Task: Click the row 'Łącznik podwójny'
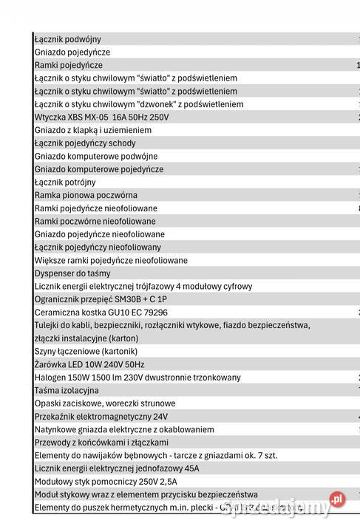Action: (x=68, y=39)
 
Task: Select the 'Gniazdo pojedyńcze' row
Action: (x=72, y=52)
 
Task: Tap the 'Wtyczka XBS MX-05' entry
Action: (x=101, y=117)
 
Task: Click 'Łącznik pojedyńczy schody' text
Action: (x=85, y=143)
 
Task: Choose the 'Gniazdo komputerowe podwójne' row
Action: (x=96, y=157)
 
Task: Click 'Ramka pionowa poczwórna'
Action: (x=86, y=195)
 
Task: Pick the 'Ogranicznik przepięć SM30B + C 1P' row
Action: (x=101, y=299)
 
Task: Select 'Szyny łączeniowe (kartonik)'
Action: (x=86, y=352)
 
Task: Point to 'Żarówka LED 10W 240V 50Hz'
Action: (x=89, y=365)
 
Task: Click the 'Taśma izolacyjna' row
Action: (x=67, y=390)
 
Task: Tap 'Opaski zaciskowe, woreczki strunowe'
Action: (x=105, y=403)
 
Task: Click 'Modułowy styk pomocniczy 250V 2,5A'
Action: (x=106, y=482)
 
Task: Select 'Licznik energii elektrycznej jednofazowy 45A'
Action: (x=117, y=468)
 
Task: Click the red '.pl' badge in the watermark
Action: (x=338, y=500)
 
